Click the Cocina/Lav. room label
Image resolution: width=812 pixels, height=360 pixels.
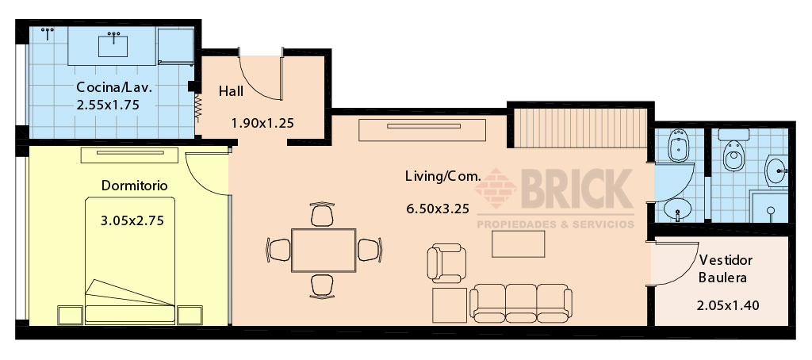[114, 87]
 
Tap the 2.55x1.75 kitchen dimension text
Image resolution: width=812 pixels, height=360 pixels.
[108, 105]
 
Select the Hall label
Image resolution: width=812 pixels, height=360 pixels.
[231, 91]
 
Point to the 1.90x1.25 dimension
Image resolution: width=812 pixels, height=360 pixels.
[262, 123]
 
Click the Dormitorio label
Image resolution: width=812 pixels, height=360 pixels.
[135, 186]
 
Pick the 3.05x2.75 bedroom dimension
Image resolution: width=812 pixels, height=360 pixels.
[132, 220]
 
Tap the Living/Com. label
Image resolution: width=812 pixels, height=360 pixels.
[443, 176]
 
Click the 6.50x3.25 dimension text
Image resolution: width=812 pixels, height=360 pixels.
[438, 209]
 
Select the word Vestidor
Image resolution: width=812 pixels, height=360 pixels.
[726, 259]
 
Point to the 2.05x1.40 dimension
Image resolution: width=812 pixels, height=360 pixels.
[728, 305]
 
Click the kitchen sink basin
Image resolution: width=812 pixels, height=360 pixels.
[113, 45]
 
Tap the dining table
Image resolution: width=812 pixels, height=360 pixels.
[324, 251]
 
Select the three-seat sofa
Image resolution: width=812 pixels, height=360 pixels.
[521, 303]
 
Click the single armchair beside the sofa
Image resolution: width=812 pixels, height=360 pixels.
[446, 263]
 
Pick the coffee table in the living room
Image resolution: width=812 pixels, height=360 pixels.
[519, 244]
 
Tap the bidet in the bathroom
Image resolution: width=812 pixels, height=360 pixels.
[678, 145]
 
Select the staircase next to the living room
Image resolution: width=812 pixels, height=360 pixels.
[580, 128]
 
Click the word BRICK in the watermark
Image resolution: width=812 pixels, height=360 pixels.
[577, 189]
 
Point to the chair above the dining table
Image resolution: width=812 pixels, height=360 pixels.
[322, 214]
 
